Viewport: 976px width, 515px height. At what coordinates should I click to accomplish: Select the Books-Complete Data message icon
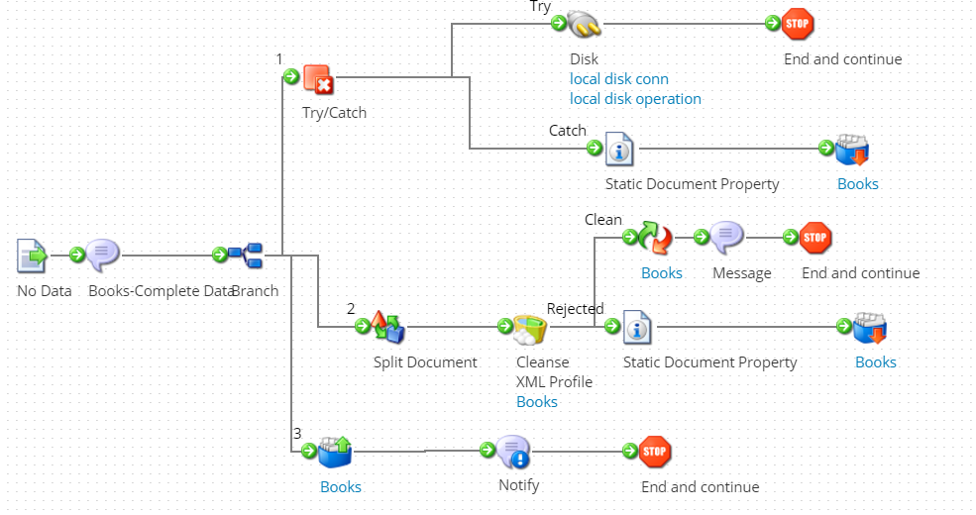tap(102, 256)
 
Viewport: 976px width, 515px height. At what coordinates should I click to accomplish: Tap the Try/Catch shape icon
tap(317, 78)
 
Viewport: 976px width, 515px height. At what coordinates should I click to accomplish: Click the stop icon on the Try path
tap(798, 24)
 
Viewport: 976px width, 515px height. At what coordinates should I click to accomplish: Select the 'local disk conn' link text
tap(619, 79)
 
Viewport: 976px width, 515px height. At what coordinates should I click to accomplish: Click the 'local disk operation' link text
tap(635, 99)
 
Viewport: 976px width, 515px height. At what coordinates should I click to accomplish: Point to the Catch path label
tap(568, 131)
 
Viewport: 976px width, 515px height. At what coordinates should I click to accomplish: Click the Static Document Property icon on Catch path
tap(619, 150)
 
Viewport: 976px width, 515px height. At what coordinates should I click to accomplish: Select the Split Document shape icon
tap(386, 326)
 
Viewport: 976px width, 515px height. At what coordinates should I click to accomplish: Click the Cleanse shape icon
tap(530, 326)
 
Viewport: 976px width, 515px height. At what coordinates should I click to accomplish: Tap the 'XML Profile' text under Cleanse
tap(554, 382)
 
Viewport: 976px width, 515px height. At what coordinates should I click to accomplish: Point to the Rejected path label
tap(575, 309)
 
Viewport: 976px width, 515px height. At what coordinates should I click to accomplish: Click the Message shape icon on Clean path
tap(726, 237)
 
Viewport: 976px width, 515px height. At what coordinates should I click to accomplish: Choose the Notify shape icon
tap(512, 451)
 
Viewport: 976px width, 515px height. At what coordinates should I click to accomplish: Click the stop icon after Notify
tap(655, 451)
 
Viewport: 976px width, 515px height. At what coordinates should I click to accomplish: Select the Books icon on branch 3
tap(334, 451)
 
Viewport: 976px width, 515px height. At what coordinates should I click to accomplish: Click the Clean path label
tap(603, 220)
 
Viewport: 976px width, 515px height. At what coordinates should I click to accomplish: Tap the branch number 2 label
tap(351, 309)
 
